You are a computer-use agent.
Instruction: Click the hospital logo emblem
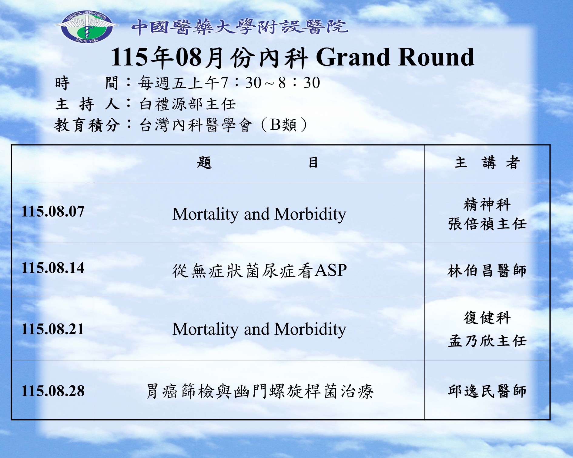[87, 27]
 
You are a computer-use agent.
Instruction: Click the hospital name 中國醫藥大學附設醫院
[240, 27]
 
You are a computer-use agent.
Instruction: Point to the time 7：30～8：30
[270, 83]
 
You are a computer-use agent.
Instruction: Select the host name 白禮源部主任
[187, 104]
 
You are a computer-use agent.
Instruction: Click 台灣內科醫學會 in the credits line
[196, 125]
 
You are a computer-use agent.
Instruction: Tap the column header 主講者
[487, 162]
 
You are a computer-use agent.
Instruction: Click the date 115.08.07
[53, 211]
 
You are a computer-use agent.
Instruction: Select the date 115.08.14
[53, 268]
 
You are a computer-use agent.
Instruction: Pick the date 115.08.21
[53, 329]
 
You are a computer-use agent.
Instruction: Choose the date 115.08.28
[53, 391]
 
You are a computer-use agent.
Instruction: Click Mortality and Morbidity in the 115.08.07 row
[259, 214]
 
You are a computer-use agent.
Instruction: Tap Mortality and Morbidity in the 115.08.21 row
[259, 329]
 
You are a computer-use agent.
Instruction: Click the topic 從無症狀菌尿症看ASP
[259, 270]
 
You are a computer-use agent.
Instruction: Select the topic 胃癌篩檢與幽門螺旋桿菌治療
[260, 391]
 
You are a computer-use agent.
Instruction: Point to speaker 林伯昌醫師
[487, 271]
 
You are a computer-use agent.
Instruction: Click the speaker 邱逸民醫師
[487, 391]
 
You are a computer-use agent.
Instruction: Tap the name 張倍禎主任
[487, 224]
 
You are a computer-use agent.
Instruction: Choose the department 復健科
[487, 318]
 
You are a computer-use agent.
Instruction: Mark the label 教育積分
[87, 125]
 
